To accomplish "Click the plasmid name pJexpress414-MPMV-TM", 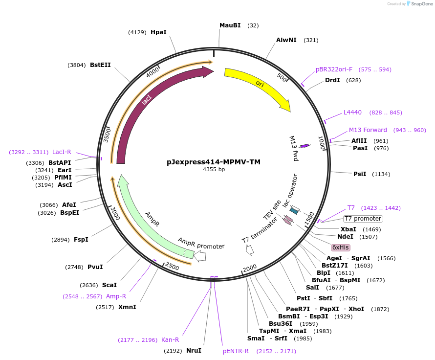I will point(214,161).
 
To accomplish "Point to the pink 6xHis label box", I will point(340,247).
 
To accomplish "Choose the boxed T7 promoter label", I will point(363,219).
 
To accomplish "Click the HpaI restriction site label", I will point(158,32).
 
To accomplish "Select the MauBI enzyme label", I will point(230,25).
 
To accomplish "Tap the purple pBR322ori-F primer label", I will point(334,69).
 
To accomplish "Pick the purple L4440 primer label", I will point(352,112).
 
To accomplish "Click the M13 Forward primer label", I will point(368,130).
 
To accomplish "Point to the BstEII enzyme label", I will point(100,65).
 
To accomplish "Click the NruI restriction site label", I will point(194,351).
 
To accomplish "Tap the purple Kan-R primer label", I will point(170,340).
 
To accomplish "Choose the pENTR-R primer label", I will point(236,351).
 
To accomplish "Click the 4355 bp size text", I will point(214,170).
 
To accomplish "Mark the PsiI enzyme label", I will point(360,174).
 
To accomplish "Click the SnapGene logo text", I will point(421,4).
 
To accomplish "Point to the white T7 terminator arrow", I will point(250,250).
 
